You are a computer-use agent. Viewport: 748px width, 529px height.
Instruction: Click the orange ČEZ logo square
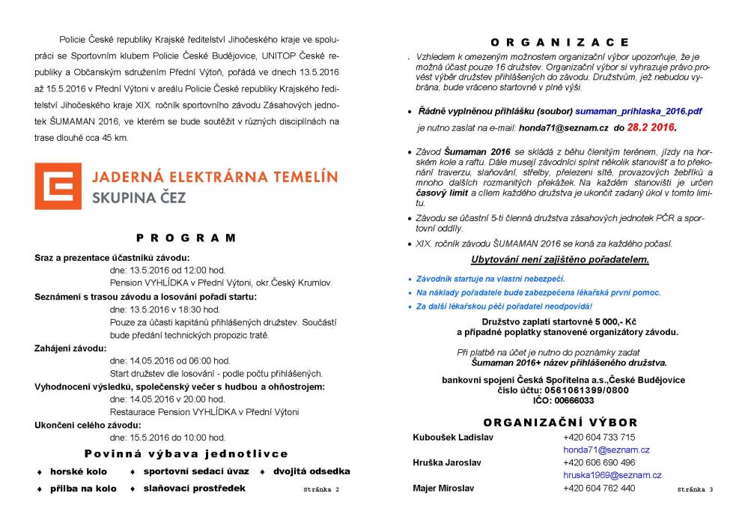tap(57, 185)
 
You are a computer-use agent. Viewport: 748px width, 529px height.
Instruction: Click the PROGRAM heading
tap(186, 238)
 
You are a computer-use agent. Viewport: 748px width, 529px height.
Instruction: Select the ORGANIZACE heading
tap(559, 43)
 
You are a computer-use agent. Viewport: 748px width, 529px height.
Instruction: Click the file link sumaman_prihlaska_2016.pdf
tap(639, 111)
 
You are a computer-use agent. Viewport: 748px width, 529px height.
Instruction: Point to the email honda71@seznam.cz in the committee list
tap(606, 450)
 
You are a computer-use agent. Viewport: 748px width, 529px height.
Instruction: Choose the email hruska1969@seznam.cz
tap(612, 475)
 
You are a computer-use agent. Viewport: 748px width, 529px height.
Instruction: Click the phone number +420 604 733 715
tap(599, 437)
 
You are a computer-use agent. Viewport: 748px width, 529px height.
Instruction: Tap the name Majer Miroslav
tap(443, 488)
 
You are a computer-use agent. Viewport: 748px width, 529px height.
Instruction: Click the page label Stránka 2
tap(321, 489)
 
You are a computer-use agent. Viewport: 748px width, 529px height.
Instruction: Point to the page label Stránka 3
tap(695, 489)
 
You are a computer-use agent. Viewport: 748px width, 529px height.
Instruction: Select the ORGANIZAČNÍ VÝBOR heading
tap(560, 423)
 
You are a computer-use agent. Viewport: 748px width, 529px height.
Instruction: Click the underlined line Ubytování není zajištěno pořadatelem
tap(559, 260)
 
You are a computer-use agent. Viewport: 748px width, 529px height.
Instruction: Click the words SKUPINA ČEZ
tap(139, 199)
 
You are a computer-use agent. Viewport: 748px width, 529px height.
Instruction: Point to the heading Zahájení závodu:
tap(70, 348)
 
